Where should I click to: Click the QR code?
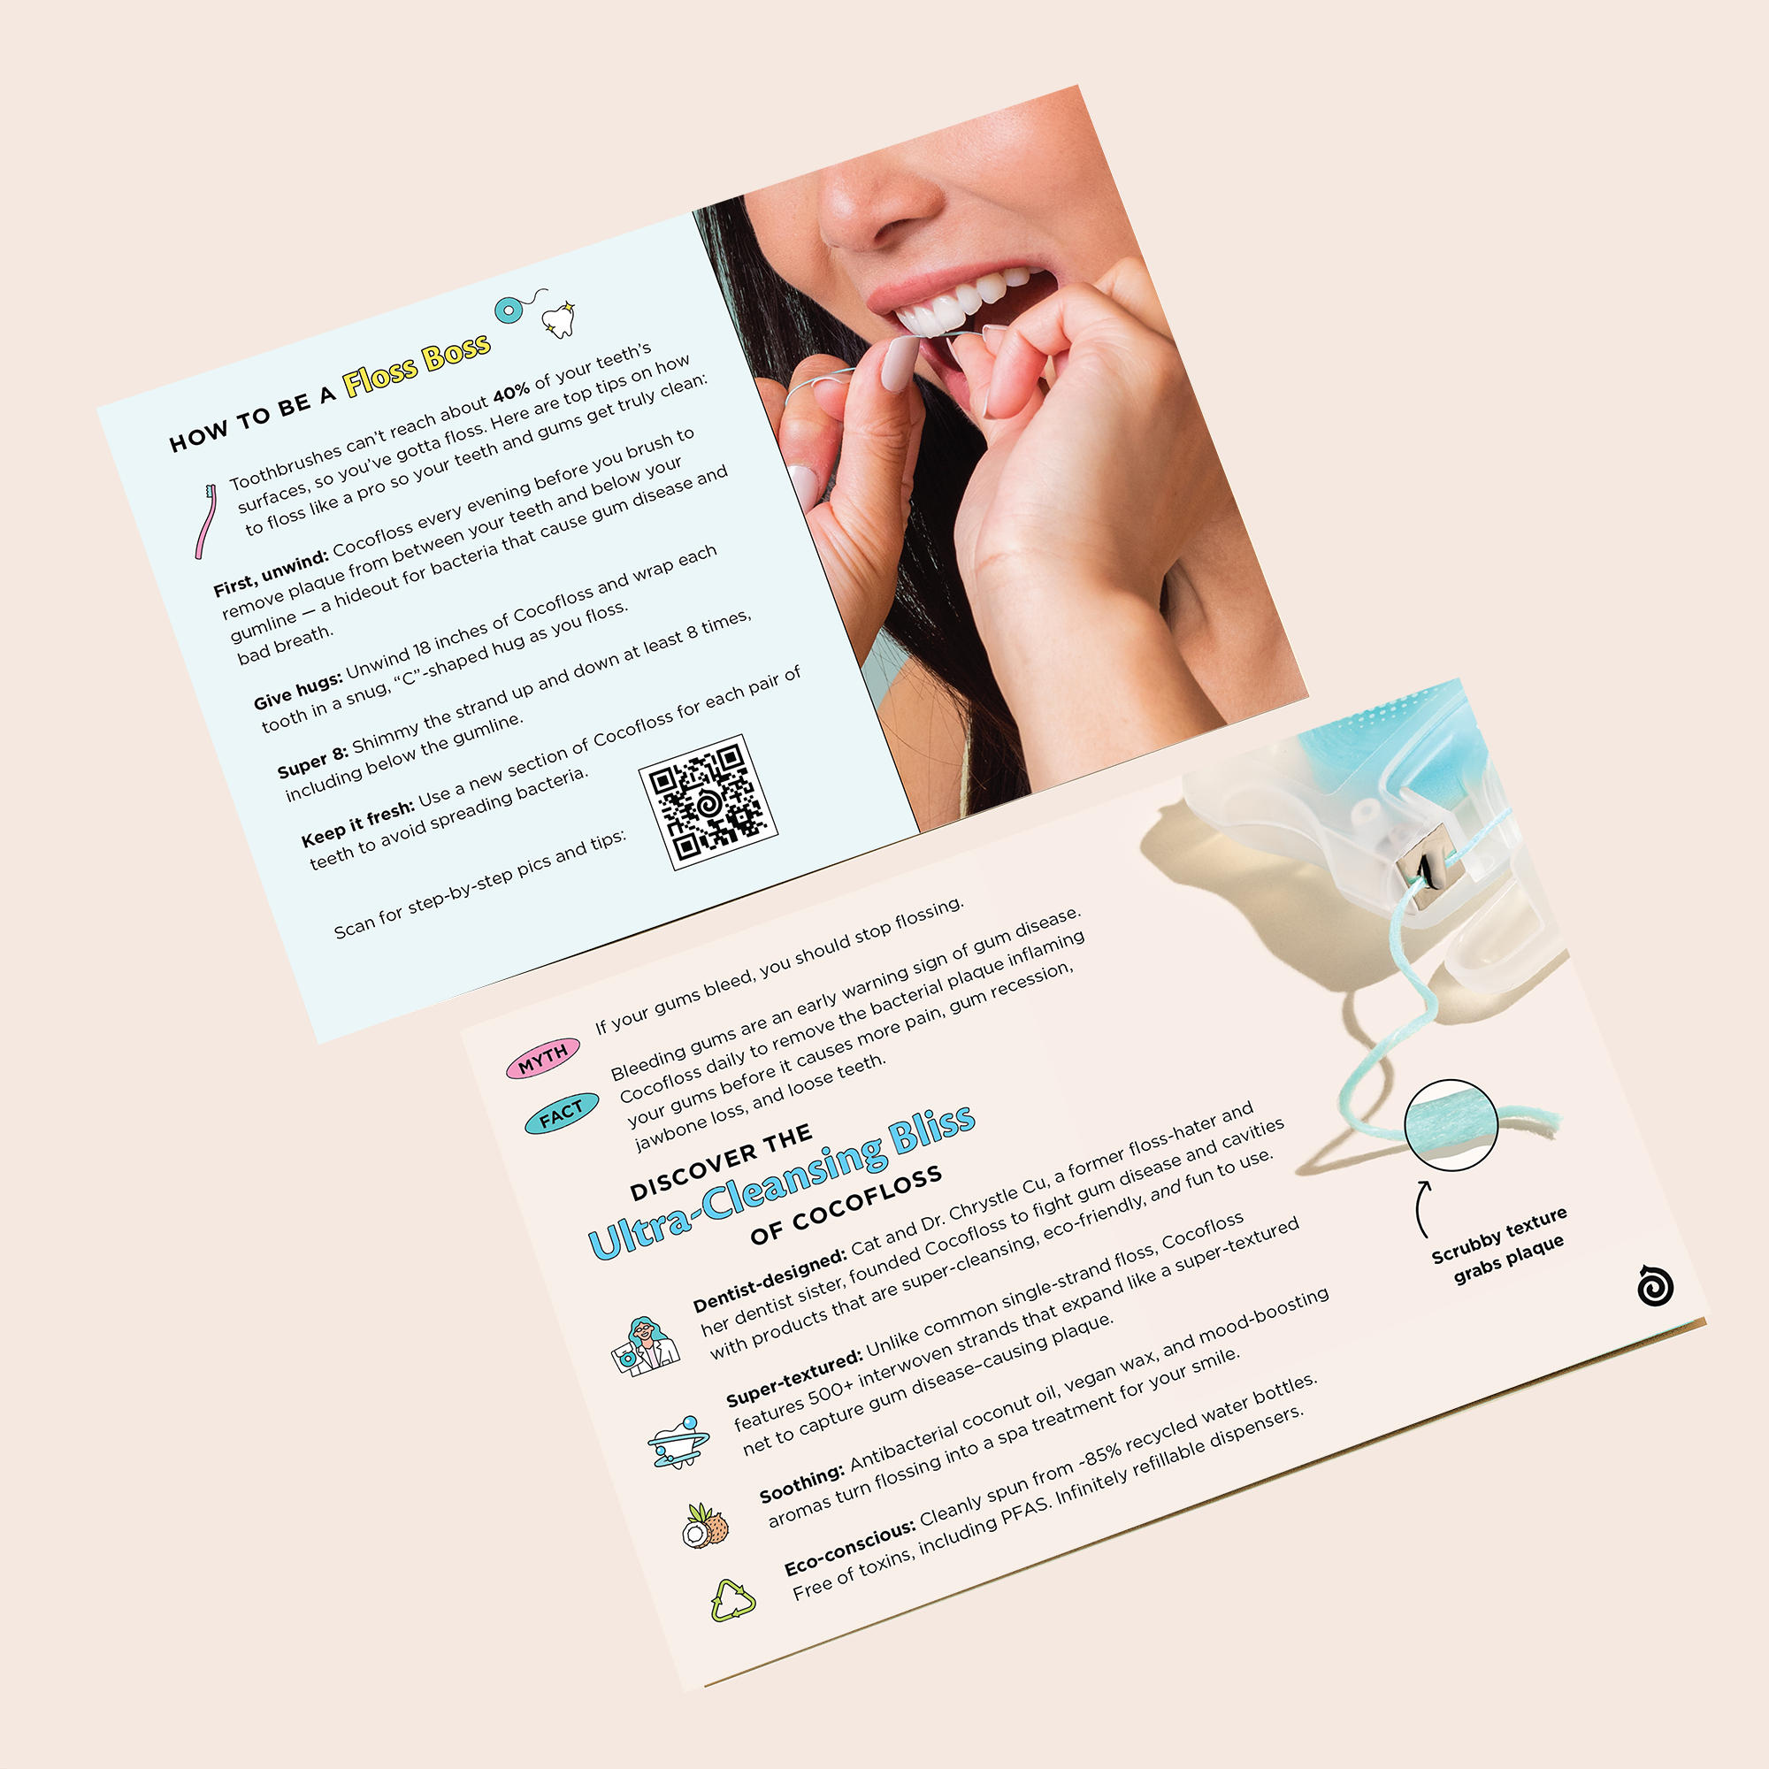pyautogui.click(x=708, y=802)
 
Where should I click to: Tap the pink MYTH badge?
pyautogui.click(x=543, y=1059)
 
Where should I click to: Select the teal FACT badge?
pyautogui.click(x=562, y=1114)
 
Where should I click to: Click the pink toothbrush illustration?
pyautogui.click(x=206, y=521)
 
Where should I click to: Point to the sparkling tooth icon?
pyautogui.click(x=557, y=319)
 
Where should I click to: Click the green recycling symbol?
pyautogui.click(x=733, y=1602)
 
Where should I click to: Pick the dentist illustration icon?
pyautogui.click(x=646, y=1346)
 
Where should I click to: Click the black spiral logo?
pyautogui.click(x=1655, y=1286)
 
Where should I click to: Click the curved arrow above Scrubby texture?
pyautogui.click(x=1421, y=1208)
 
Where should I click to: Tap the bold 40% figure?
pyautogui.click(x=511, y=394)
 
